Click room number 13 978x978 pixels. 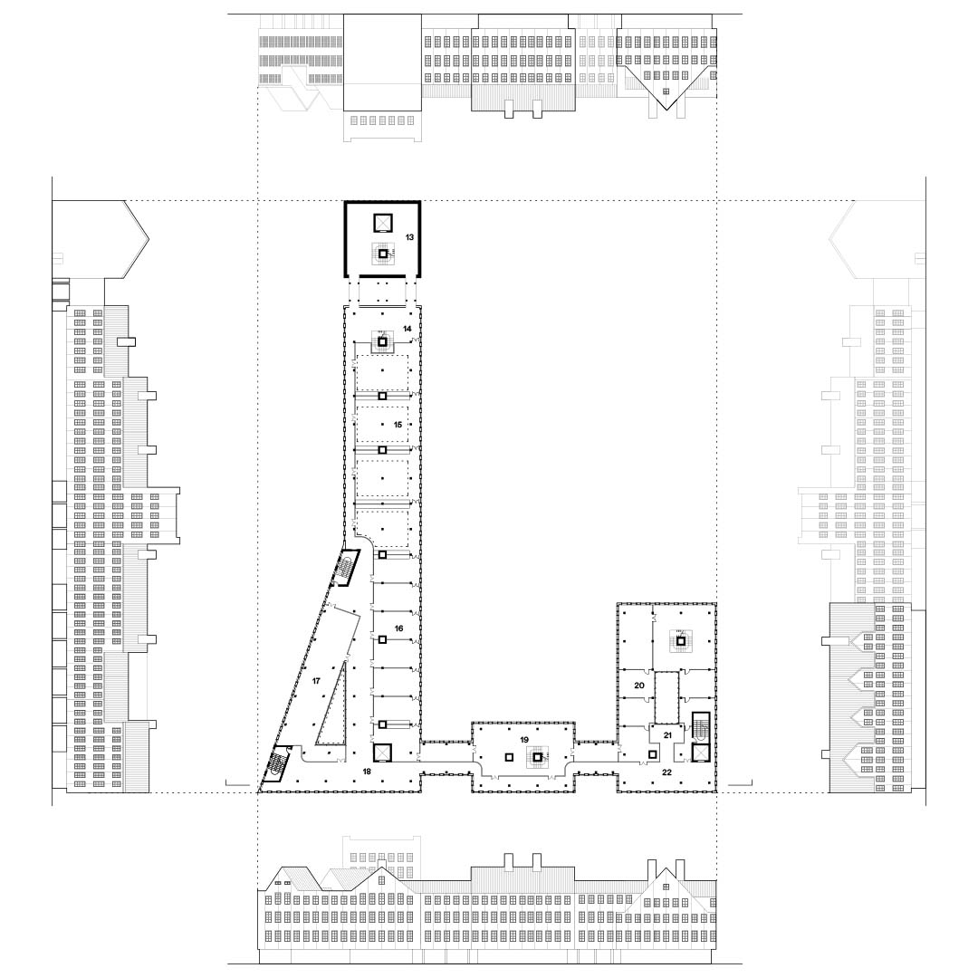[409, 237]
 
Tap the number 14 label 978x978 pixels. [407, 328]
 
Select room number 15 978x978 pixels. [398, 424]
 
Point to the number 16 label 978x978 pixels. [399, 628]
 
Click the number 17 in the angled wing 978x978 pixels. [316, 680]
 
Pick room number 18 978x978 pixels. [367, 772]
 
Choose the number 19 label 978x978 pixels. [524, 739]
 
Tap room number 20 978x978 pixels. [638, 686]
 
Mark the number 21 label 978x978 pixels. [666, 735]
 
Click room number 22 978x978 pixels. [666, 772]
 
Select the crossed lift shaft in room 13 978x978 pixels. [381, 223]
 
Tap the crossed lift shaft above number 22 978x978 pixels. [701, 753]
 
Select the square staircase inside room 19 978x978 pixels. [538, 757]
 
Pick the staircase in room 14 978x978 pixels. [382, 341]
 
